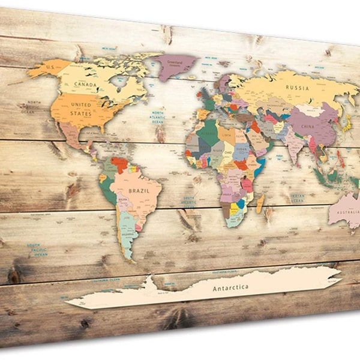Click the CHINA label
pos(308,127)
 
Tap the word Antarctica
pos(230,288)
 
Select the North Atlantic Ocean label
pos(158,117)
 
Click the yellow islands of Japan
pos(346,125)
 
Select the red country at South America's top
pos(120,164)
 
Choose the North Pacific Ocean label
pos(30,107)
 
